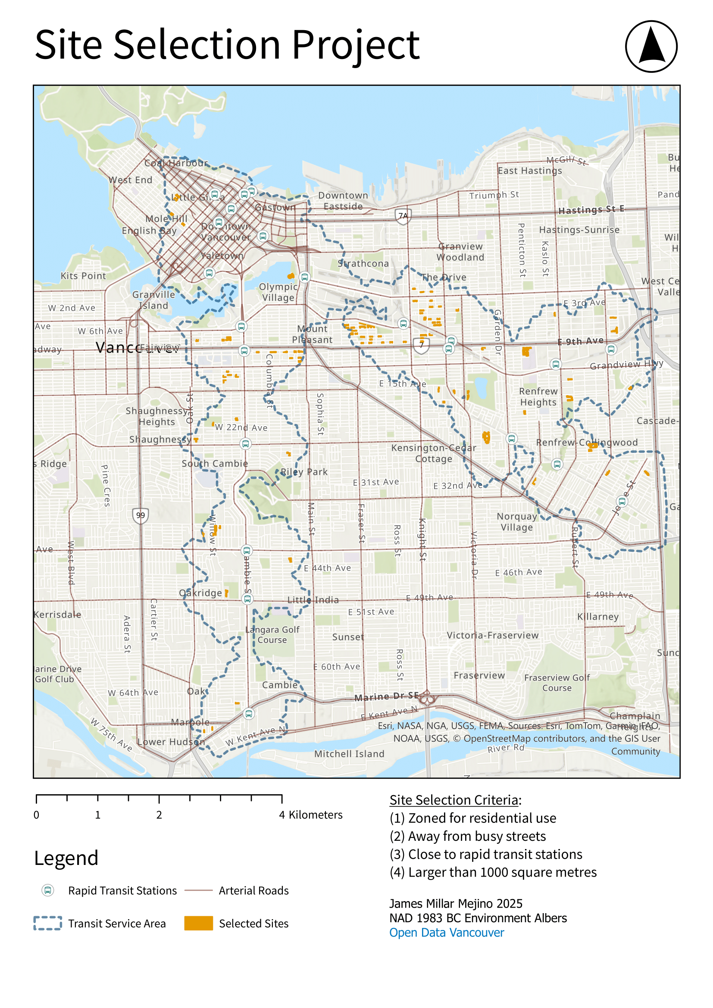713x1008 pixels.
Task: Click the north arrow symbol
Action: tap(651, 46)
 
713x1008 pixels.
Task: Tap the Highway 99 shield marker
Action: tap(140, 515)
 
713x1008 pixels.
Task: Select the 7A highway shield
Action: tap(403, 216)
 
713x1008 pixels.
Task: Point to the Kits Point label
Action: tap(83, 276)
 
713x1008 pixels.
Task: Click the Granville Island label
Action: tap(153, 300)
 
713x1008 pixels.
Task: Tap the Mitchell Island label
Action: tap(349, 754)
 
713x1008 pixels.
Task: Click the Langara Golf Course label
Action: tap(272, 635)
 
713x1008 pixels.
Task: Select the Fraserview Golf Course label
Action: tap(557, 683)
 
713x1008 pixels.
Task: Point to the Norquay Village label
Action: tap(517, 522)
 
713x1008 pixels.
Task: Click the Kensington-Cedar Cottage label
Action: tap(433, 453)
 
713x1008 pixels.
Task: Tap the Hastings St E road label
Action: tap(591, 210)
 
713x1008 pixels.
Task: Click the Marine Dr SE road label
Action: tap(386, 697)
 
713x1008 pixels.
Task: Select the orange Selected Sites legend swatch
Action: tap(198, 923)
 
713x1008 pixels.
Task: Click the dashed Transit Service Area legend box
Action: tap(47, 923)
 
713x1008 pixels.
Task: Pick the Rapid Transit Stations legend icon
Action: tap(47, 890)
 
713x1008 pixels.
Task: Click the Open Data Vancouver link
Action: tap(447, 933)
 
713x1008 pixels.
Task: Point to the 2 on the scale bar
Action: tap(159, 815)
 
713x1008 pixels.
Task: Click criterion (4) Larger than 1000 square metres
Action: tap(493, 872)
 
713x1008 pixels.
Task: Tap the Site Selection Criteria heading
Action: tap(454, 800)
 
